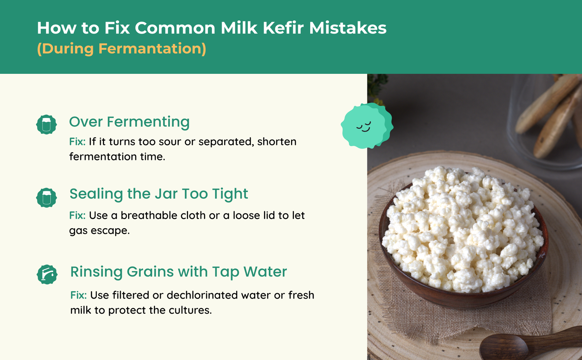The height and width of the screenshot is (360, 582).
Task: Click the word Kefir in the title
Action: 283,28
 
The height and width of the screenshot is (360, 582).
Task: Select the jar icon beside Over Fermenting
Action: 46,124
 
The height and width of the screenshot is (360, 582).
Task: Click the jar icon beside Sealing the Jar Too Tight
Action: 46,198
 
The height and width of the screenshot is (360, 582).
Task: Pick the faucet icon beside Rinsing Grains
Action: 47,275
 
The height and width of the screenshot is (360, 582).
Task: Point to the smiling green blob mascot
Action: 367,126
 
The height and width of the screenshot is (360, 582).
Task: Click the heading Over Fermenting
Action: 129,122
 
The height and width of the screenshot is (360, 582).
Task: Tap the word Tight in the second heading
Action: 230,194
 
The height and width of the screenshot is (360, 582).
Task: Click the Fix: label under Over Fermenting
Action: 77,141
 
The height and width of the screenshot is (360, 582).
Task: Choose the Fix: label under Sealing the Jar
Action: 77,215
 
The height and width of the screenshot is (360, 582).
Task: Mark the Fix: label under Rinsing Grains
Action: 79,295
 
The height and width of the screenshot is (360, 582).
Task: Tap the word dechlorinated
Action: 202,295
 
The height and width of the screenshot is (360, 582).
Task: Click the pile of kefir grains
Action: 463,229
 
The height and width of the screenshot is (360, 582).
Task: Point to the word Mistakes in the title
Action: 348,28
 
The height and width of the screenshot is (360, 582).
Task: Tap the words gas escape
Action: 99,231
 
